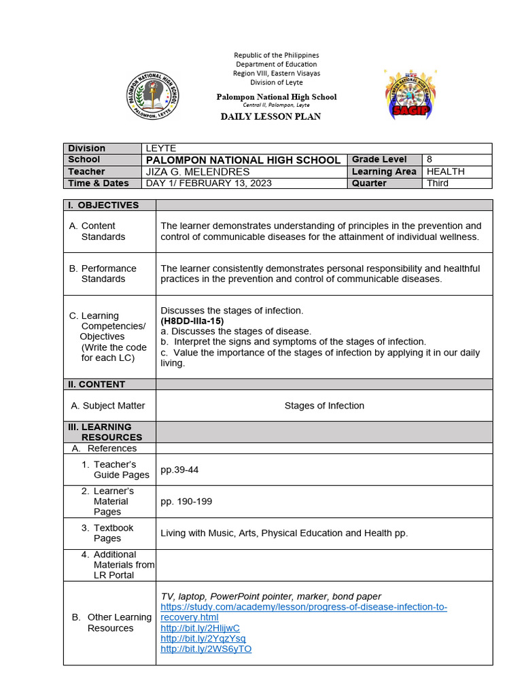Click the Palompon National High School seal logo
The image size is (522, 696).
click(x=153, y=94)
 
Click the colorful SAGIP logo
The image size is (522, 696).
click(x=411, y=94)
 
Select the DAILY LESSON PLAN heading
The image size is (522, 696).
click(x=271, y=116)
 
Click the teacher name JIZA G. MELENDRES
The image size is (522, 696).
click(x=198, y=172)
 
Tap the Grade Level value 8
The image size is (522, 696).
click(x=430, y=160)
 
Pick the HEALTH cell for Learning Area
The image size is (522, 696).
click(x=445, y=172)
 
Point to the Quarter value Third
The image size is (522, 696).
click(x=438, y=184)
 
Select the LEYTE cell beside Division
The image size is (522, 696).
click(x=161, y=148)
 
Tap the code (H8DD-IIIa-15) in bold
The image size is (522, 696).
click(x=192, y=321)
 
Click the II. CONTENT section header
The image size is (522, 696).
click(x=97, y=384)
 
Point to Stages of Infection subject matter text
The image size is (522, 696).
click(x=324, y=406)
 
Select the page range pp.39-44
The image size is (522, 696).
click(x=179, y=470)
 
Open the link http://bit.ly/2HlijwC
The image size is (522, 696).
click(x=200, y=628)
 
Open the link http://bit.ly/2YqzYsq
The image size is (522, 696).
click(x=203, y=638)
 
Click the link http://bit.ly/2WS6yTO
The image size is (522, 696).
click(x=206, y=649)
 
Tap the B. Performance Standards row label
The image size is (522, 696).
click(x=103, y=274)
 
